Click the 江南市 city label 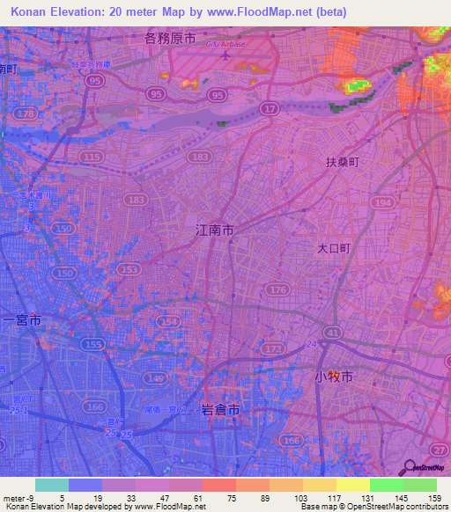214,230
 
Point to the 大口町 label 335,249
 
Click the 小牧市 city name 334,377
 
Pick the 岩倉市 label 219,409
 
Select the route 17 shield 270,107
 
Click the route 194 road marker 381,202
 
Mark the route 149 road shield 157,379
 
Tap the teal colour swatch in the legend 51,485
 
